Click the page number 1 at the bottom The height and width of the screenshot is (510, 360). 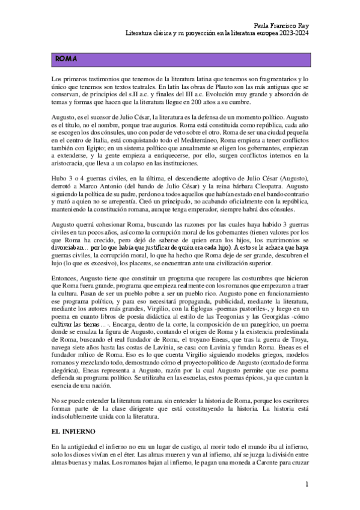tap(307, 484)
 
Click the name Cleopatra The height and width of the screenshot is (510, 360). tap(271, 187)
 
